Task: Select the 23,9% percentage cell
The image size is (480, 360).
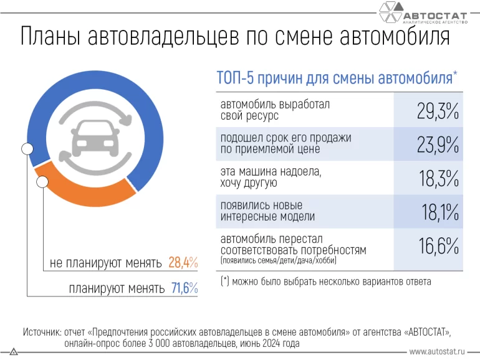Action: (437, 144)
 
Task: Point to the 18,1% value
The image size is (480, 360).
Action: (439, 212)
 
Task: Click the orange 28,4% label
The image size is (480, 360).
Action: (183, 263)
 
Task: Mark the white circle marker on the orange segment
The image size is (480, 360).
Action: (43, 182)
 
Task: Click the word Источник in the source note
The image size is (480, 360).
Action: (42, 331)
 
